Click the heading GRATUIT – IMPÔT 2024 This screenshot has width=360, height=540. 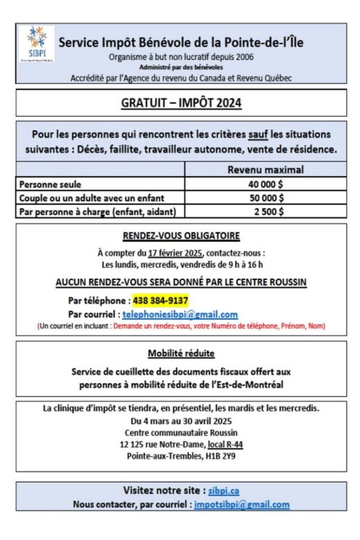(x=181, y=103)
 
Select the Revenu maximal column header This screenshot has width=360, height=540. (x=265, y=170)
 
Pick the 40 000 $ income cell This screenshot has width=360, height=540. (x=266, y=184)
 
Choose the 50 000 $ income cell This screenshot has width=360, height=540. (x=266, y=198)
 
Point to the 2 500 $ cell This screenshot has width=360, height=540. (x=267, y=211)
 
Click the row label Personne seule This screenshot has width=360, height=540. (x=50, y=184)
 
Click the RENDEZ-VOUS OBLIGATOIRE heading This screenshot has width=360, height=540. (x=181, y=235)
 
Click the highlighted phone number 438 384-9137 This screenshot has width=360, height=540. (x=160, y=301)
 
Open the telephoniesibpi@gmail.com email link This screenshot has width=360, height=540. (x=180, y=314)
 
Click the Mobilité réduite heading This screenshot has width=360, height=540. (x=181, y=353)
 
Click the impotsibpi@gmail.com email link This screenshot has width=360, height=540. (x=241, y=504)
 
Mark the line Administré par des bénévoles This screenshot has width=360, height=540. (x=181, y=67)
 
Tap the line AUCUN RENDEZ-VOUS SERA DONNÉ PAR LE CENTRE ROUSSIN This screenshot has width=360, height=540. (x=181, y=283)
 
